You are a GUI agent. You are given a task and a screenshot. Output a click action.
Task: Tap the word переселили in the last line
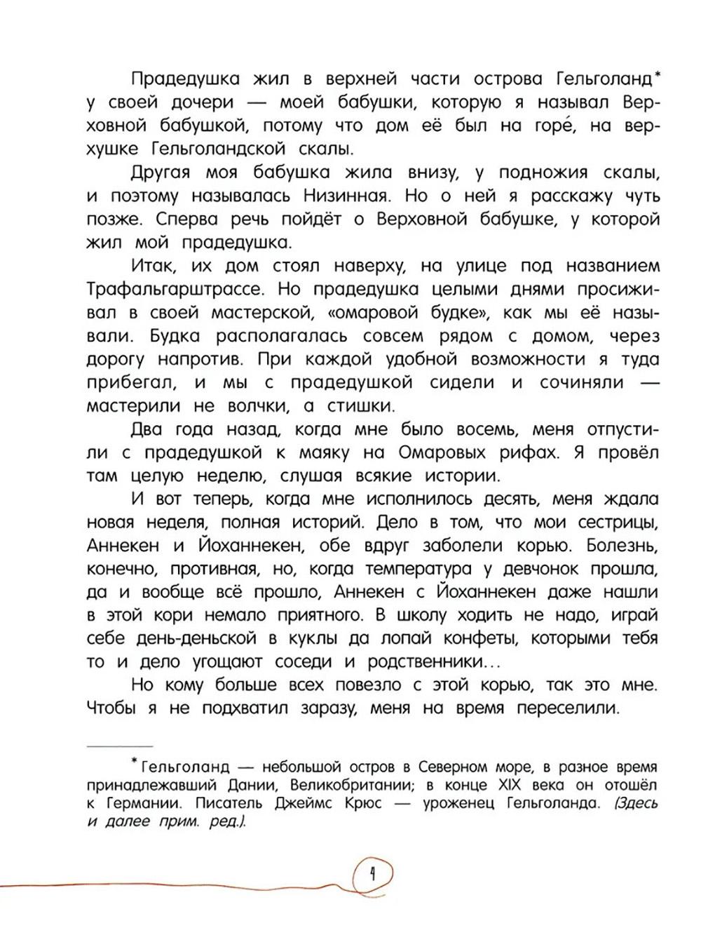[x=568, y=708]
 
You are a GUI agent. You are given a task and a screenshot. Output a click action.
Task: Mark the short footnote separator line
[x=119, y=745]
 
